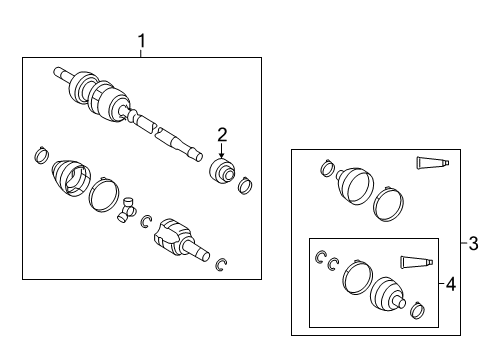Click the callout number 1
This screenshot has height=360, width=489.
(142, 41)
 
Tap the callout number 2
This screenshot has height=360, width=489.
(222, 135)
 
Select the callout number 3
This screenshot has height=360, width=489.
(473, 243)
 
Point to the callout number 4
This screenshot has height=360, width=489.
(450, 284)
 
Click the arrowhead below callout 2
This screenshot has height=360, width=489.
(222, 155)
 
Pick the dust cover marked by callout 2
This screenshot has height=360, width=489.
(222, 171)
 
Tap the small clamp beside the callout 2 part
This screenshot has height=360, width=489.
(245, 186)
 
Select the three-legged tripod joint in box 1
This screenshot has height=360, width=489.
(126, 209)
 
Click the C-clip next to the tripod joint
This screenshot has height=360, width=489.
(146, 222)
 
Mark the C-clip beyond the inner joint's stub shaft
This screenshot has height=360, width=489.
(220, 265)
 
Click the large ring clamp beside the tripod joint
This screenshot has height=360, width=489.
(104, 195)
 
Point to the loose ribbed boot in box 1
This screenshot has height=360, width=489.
(71, 178)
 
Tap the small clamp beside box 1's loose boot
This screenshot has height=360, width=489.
(42, 155)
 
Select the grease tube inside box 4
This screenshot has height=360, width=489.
(416, 262)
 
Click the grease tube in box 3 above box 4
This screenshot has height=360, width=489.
(432, 162)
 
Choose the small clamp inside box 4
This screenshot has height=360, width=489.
(418, 310)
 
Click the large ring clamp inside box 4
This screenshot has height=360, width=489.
(357, 277)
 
